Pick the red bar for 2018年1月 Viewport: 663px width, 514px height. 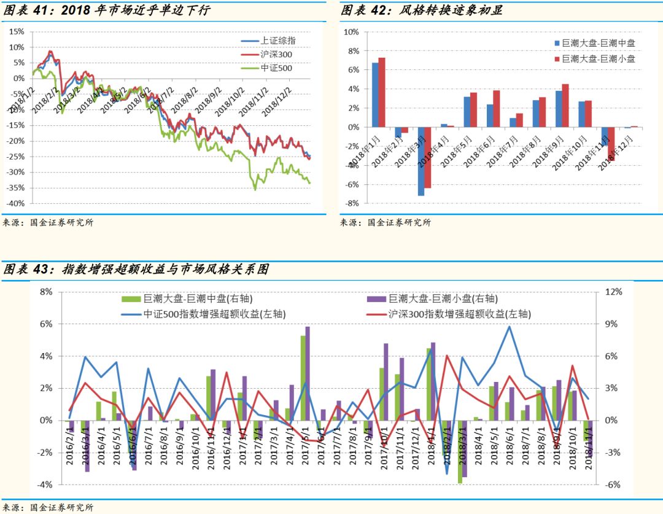[x=382, y=92]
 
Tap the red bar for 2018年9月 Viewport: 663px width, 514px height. [x=565, y=106]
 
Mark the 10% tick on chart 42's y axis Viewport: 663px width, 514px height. [x=352, y=32]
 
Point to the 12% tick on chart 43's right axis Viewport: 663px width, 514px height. [x=614, y=292]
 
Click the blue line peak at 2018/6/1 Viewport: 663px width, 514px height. [x=509, y=327]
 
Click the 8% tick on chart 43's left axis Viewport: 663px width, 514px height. [x=46, y=292]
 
